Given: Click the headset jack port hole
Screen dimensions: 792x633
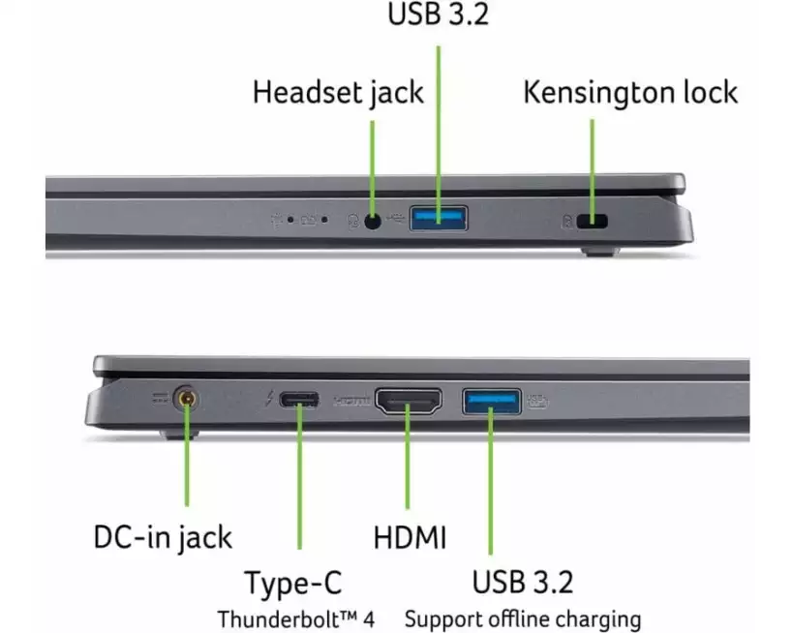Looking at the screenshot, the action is pos(372,221).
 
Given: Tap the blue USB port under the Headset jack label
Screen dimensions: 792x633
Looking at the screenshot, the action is pos(439,218).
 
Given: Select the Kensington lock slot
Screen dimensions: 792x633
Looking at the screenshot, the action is pos(593,221).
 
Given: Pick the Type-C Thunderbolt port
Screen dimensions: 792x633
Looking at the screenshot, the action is pos(299,400).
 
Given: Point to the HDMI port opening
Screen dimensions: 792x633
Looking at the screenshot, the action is pos(409,401).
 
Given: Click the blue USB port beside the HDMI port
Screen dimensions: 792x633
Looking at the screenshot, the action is pos(492,402).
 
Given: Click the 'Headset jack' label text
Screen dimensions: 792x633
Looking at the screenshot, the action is pos(338,93).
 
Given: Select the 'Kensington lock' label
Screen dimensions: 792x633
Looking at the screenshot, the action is pos(630,92).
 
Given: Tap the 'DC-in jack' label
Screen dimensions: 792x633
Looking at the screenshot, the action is pos(163,537).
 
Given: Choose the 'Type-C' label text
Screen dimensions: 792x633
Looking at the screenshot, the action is pos(293,583).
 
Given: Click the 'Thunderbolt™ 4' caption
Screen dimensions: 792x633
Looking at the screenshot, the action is pos(296,619).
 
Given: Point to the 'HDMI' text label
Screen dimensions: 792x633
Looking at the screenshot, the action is pos(410,537).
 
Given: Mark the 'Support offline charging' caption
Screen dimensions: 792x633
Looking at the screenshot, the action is pos(523,619).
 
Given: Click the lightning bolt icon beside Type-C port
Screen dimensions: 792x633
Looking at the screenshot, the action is pos(270,399).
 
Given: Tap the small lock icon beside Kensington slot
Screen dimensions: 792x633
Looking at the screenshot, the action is pos(567,221).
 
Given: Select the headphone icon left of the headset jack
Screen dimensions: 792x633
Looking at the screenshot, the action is pos(353,221).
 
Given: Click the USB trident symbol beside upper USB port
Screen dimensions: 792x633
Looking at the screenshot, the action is pos(396,219).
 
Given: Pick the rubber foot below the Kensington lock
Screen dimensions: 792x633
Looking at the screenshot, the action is pos(599,251).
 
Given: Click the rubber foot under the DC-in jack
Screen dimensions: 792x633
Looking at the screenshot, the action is pos(179,435).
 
